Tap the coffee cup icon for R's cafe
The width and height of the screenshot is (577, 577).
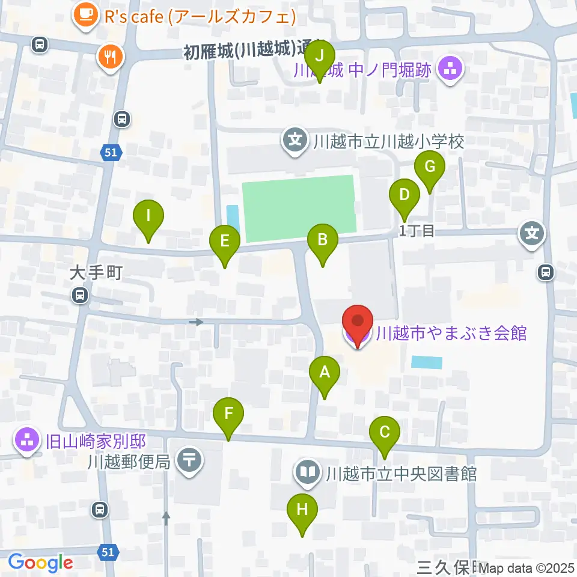click(85, 14)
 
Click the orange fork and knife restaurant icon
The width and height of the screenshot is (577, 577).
click(109, 58)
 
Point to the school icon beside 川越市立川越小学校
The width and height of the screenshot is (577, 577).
click(295, 142)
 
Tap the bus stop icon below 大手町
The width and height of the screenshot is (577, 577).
click(79, 295)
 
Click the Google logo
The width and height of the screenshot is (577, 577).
click(40, 563)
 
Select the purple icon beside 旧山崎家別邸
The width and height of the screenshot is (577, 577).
click(27, 442)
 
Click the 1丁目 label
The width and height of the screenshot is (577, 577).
click(417, 231)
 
